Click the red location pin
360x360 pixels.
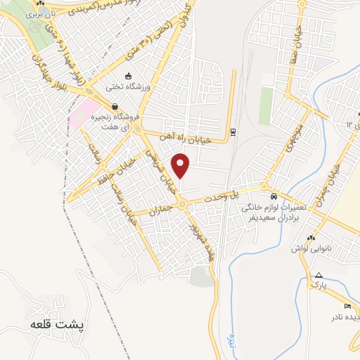coord(182,166)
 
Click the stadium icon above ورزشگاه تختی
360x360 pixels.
coord(127,77)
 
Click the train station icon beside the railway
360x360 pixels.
coord(233,131)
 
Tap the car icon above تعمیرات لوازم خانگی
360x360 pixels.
coord(274,198)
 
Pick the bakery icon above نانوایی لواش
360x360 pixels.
coord(310,238)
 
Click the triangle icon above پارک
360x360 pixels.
coord(319,275)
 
